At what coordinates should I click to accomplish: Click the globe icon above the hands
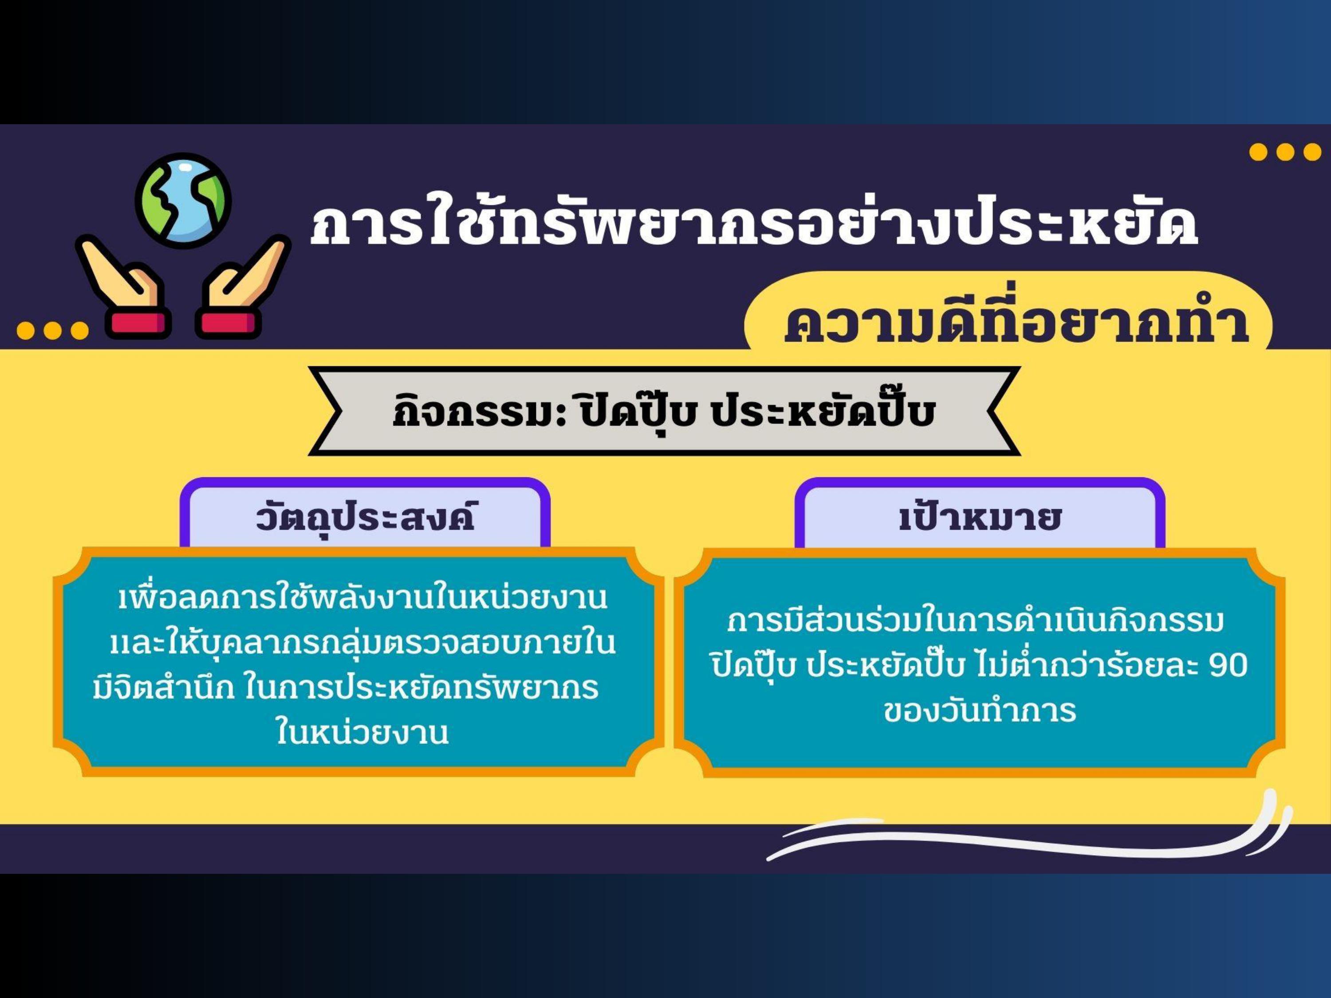click(x=183, y=200)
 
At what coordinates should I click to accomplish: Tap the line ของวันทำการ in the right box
click(x=980, y=711)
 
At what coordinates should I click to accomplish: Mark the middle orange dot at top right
click(x=1285, y=152)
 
